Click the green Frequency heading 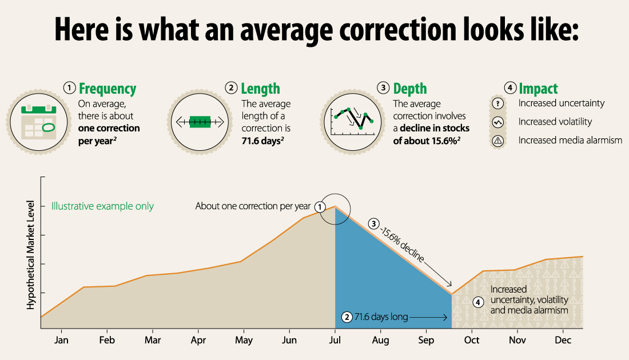[108, 89]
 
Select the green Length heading [260, 89]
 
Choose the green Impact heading [538, 89]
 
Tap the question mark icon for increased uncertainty [498, 103]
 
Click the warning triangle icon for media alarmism [498, 141]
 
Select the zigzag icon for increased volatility [498, 122]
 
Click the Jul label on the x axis [335, 341]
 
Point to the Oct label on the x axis [472, 341]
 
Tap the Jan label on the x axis [61, 341]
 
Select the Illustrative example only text [102, 206]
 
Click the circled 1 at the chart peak [321, 206]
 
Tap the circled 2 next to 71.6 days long [346, 317]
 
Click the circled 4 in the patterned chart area [479, 302]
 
